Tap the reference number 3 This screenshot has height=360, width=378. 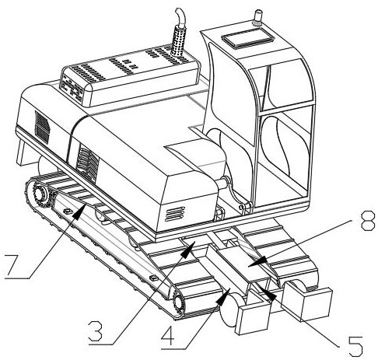pyautogui.click(x=96, y=331)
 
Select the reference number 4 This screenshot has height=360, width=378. pyautogui.click(x=170, y=335)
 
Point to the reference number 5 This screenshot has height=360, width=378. pyautogui.click(x=355, y=346)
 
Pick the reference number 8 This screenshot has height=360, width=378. pyautogui.click(x=368, y=221)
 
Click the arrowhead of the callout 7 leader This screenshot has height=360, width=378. pyautogui.click(x=79, y=211)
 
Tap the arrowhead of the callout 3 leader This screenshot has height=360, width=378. pyautogui.click(x=189, y=248)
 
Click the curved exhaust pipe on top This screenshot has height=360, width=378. pyautogui.click(x=180, y=16)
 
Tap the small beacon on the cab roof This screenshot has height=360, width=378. pyautogui.click(x=258, y=17)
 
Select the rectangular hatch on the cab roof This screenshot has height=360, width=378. pyautogui.click(x=247, y=38)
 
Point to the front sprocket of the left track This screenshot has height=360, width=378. pyautogui.click(x=179, y=302)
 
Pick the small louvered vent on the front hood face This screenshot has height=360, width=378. pyautogui.click(x=175, y=214)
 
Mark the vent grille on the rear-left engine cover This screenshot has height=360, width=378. pyautogui.click(x=42, y=128)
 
